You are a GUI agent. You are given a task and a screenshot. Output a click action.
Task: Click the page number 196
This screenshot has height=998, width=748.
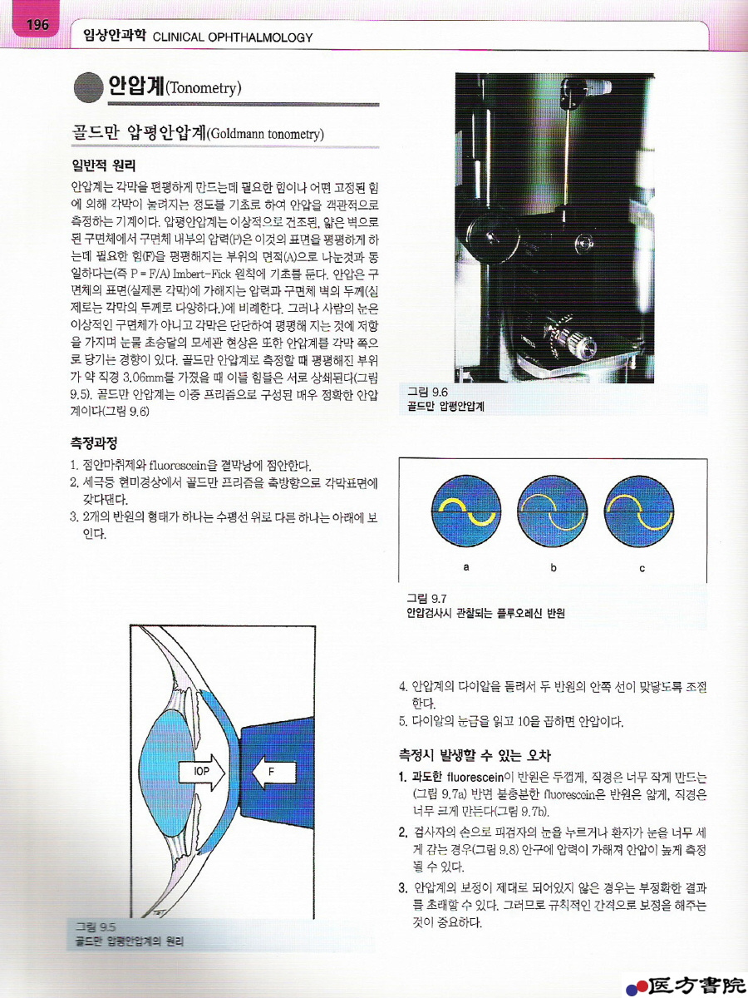(37, 25)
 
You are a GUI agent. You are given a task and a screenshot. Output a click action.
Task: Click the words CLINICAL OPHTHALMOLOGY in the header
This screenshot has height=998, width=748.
(233, 37)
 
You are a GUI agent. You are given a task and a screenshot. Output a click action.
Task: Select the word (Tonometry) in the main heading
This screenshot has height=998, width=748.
(203, 88)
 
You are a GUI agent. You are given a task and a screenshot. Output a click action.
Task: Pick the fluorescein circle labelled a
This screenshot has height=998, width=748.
(466, 511)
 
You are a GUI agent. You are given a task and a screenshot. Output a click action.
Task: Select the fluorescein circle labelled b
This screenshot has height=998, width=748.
(552, 511)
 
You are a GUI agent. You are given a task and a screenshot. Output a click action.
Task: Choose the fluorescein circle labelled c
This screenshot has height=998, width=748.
(638, 511)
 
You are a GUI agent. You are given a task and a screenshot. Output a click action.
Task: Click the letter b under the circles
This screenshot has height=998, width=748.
(554, 567)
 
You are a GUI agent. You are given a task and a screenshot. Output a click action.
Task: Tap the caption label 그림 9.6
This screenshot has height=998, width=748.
(427, 392)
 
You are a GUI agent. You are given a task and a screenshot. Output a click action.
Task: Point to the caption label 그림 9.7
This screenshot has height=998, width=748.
(427, 598)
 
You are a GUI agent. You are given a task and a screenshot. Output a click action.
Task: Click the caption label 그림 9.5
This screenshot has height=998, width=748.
(96, 926)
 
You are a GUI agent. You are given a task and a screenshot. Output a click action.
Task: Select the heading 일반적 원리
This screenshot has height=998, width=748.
(104, 166)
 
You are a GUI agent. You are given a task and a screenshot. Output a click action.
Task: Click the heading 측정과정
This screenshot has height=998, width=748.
(94, 442)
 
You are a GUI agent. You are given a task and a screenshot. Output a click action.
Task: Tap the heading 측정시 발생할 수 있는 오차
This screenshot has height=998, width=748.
(475, 755)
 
